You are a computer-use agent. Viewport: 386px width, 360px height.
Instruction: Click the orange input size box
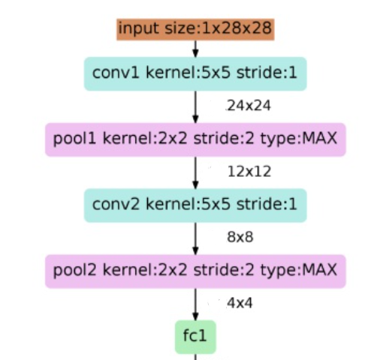195,29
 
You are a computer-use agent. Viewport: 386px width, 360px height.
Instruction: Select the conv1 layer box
195,73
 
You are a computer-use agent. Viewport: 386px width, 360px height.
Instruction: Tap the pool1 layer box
195,139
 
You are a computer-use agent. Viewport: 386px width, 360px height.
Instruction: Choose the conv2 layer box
195,204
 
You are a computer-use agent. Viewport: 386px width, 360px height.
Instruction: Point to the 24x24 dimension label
249,106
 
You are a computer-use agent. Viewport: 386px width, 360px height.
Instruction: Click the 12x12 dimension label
249,172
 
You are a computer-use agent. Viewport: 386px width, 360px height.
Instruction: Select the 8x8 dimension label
240,237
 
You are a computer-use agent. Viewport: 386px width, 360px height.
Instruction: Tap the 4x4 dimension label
240,303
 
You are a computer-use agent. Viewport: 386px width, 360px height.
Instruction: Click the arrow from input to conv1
195,49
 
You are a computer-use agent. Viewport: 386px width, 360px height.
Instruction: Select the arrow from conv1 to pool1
195,106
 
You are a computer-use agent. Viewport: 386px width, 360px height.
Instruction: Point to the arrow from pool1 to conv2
195,172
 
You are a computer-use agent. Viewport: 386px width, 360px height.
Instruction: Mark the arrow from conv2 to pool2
195,237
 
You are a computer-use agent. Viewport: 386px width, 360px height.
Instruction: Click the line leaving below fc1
195,356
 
